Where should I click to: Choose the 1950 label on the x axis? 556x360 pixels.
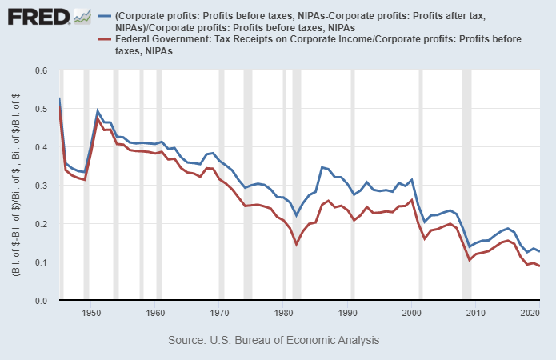(x=91, y=312)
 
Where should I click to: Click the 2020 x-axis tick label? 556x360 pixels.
(x=527, y=312)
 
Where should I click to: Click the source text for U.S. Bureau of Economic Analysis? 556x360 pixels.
(x=274, y=340)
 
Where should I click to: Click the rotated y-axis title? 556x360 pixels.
(x=17, y=186)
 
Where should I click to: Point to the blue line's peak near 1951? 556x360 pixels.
(x=98, y=110)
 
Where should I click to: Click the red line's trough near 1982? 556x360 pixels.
(x=297, y=243)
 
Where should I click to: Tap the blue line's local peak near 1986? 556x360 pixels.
(x=322, y=167)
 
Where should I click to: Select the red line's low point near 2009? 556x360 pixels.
(x=470, y=260)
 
